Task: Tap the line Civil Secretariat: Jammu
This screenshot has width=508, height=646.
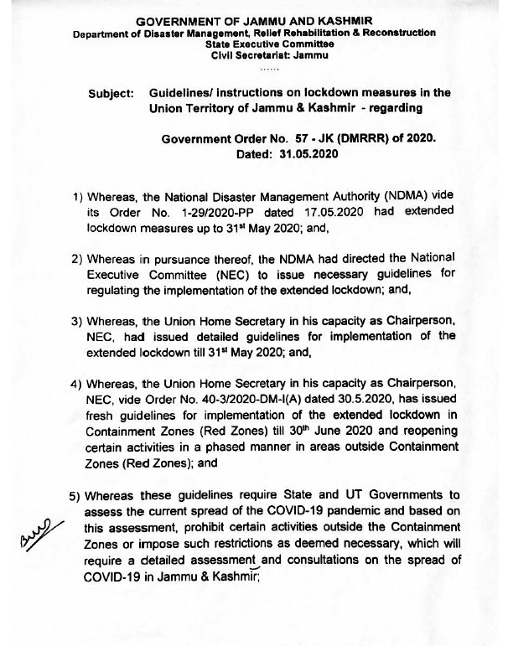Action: coord(253,55)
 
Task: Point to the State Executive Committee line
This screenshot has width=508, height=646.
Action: coord(253,44)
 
